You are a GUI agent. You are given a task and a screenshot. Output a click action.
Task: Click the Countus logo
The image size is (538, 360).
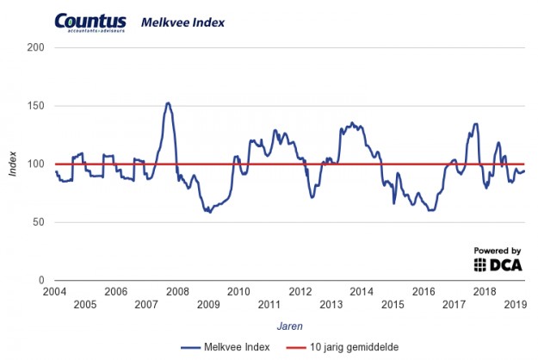coord(90,22)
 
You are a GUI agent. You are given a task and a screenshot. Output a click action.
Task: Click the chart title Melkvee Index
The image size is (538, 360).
coord(182,22)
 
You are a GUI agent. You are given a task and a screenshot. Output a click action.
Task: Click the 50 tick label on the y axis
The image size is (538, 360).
coord(37,222)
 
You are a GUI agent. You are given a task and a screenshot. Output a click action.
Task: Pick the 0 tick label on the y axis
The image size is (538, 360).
coord(40,281)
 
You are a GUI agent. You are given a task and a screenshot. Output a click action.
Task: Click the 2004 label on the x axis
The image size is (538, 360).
coord(55,291)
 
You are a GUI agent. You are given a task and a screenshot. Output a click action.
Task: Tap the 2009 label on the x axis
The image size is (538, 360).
coord(208,305)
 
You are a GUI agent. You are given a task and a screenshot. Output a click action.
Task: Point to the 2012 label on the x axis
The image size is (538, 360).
coord(300,291)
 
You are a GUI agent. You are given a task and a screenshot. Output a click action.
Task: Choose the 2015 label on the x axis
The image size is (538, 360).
coord(393,305)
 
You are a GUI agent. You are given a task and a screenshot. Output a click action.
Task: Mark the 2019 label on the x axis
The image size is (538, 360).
coord(515,305)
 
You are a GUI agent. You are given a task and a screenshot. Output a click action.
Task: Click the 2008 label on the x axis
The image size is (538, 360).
coord(177,291)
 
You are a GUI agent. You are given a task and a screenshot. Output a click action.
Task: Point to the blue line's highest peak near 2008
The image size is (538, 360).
coord(168,103)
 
